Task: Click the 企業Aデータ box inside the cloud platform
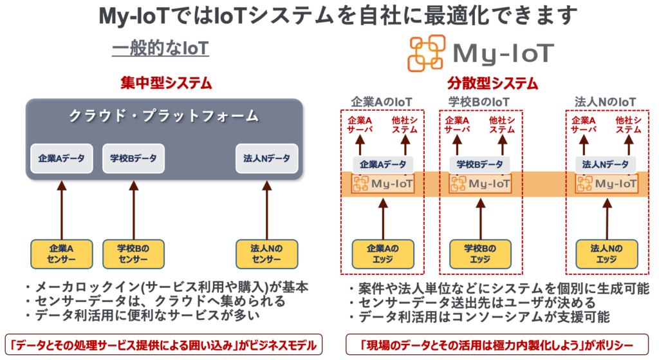coord(62,158)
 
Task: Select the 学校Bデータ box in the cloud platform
coord(133,158)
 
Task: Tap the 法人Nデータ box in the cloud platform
coord(266,158)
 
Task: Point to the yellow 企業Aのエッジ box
coord(383,254)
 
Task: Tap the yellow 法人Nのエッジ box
coord(606,254)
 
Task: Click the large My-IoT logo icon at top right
coord(426,53)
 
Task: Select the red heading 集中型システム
coord(166,84)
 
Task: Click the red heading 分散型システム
coord(493,84)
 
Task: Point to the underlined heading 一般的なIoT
coord(161,49)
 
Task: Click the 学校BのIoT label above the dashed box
coord(479,102)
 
